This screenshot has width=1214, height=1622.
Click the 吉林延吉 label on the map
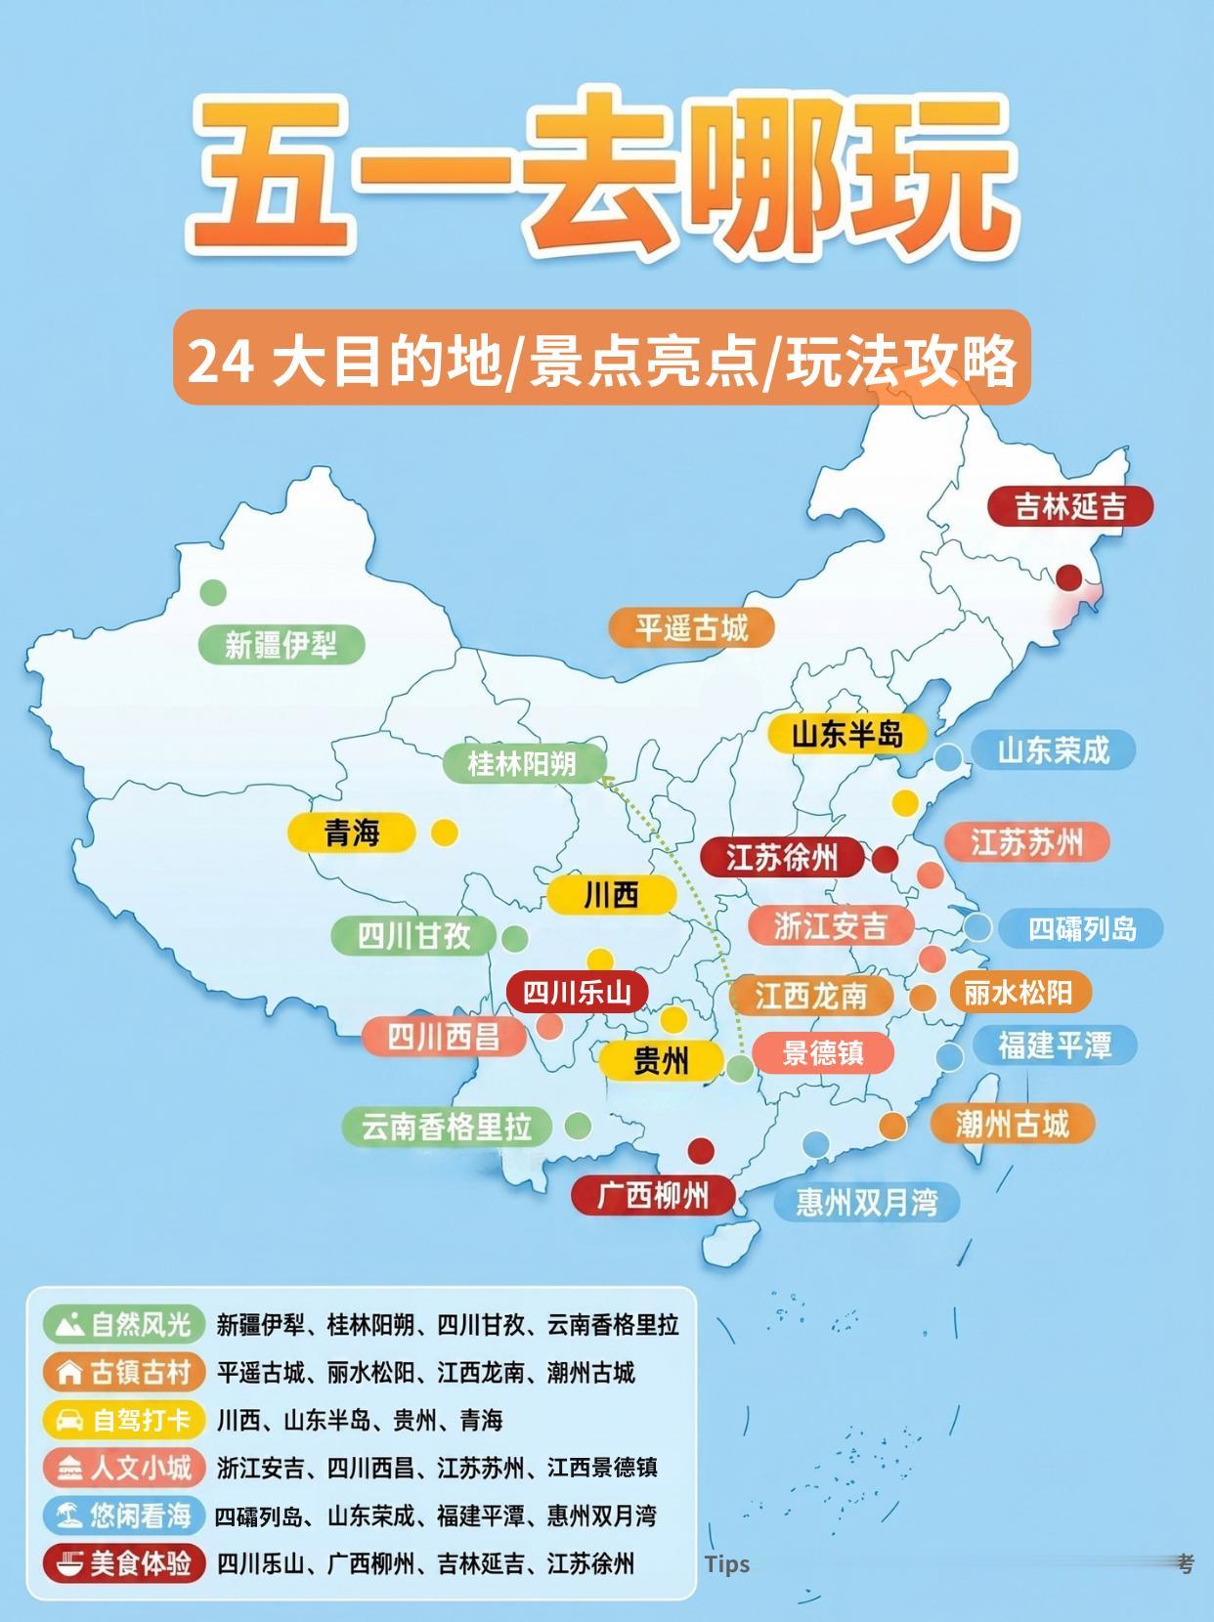click(1069, 506)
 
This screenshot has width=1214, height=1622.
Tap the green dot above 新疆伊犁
click(213, 592)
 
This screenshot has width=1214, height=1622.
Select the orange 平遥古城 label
click(691, 627)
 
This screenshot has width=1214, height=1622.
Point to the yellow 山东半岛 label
click(846, 734)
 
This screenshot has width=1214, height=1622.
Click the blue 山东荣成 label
click(1053, 750)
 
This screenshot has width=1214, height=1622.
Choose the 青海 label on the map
click(352, 832)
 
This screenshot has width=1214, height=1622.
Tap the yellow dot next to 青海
click(445, 832)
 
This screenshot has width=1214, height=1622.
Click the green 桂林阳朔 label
click(523, 763)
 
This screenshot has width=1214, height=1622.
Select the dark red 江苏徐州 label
click(782, 858)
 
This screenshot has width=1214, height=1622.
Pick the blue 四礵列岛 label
click(1081, 927)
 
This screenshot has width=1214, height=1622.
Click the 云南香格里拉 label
click(447, 1127)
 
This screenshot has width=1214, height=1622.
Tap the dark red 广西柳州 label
click(653, 1195)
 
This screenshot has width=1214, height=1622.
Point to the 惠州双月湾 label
click(866, 1201)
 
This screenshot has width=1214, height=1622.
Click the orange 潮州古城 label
click(1012, 1124)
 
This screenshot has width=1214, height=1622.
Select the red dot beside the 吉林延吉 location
click(1069, 577)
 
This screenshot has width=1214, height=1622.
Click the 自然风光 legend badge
click(124, 1325)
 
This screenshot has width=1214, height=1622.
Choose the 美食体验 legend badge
click(124, 1563)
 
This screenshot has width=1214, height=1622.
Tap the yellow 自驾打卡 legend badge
click(124, 1420)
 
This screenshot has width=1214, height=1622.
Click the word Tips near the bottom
click(727, 1563)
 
